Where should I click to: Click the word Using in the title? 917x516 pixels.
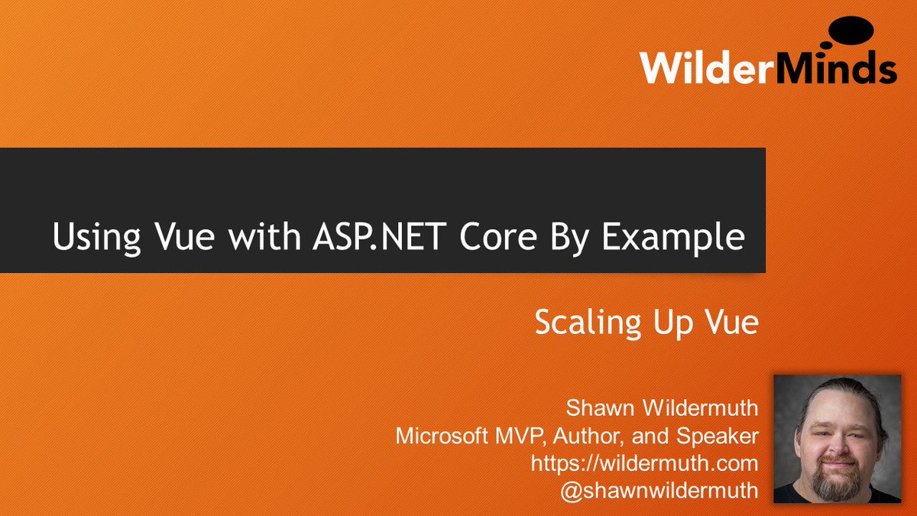96,237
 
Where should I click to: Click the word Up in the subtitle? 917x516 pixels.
669,323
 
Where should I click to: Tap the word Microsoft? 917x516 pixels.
442,436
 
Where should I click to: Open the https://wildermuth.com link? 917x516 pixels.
645,463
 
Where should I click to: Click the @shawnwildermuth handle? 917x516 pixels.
659,491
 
